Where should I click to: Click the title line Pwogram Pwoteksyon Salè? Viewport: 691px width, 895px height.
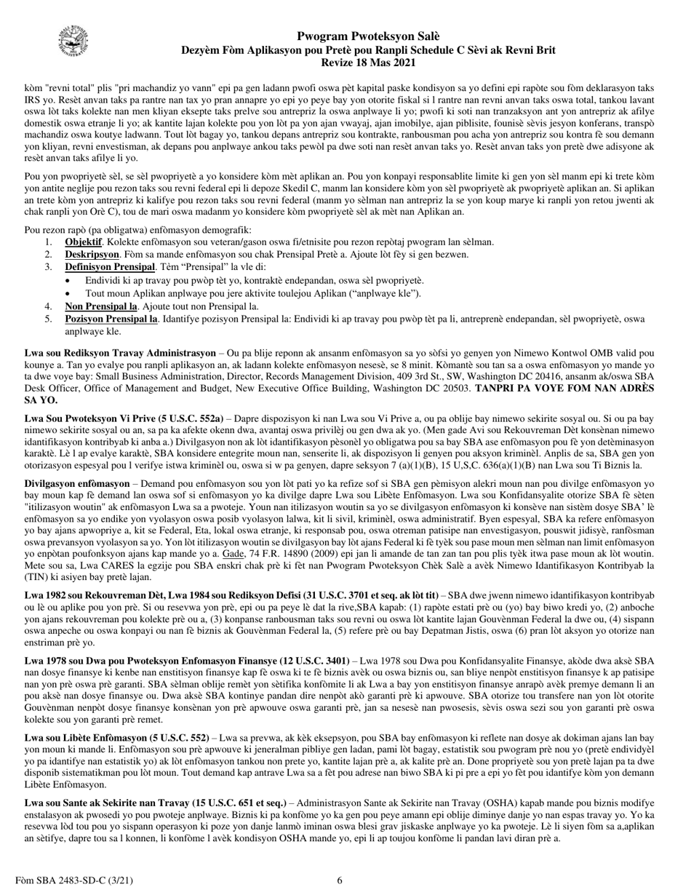368,36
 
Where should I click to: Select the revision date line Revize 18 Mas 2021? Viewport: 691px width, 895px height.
368,63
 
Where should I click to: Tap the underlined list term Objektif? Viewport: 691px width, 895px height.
83,242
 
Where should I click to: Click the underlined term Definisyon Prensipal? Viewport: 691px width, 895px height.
110,267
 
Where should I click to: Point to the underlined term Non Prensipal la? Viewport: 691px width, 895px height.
101,306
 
